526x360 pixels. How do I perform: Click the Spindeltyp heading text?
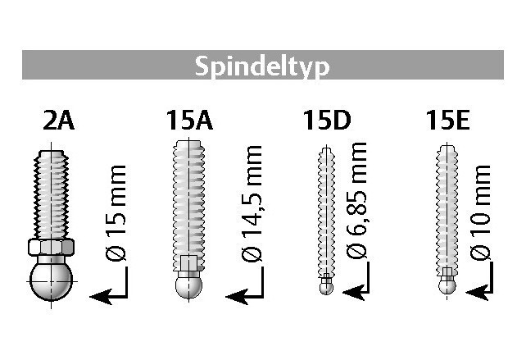(x=262, y=66)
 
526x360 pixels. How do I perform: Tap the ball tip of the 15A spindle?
(x=188, y=285)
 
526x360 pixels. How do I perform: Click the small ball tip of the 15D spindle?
(x=325, y=287)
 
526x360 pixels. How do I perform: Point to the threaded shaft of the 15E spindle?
(x=447, y=205)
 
